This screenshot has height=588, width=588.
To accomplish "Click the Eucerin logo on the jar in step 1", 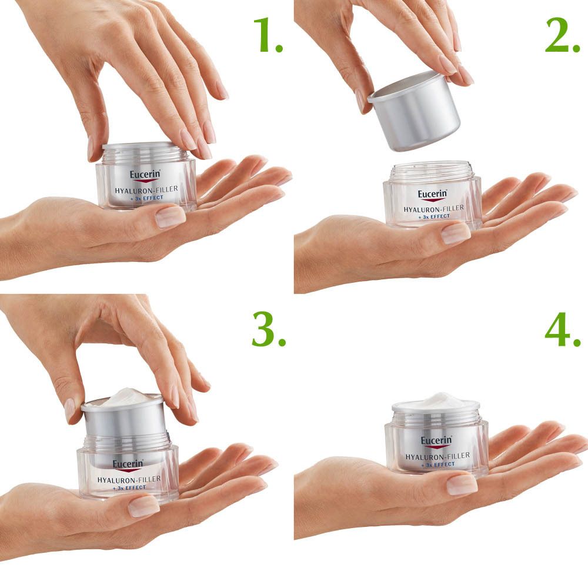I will [x=145, y=175].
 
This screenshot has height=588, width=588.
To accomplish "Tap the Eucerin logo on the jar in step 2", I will [x=433, y=195].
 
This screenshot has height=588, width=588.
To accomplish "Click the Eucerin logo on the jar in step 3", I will [x=128, y=465].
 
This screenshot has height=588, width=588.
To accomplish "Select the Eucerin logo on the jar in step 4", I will [x=436, y=441].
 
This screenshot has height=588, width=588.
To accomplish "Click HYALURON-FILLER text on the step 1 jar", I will [x=146, y=189].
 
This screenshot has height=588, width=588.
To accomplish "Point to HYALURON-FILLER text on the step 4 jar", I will [x=437, y=456].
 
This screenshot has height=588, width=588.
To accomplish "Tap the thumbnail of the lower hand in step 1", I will [x=171, y=217].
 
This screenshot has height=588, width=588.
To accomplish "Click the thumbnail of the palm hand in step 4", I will [x=462, y=484].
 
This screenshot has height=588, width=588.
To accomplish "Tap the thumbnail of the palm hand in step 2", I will [x=456, y=233].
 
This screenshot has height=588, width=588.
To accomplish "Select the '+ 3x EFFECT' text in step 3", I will [x=128, y=487].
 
